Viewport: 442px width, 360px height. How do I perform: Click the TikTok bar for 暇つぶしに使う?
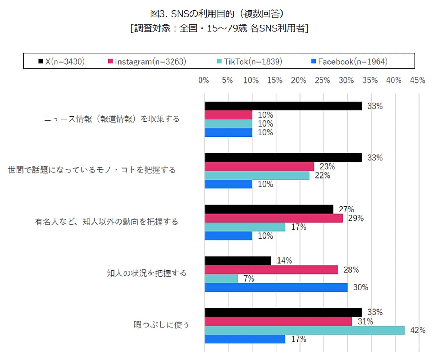(304, 330)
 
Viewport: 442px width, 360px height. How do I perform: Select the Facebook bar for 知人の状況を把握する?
(276, 287)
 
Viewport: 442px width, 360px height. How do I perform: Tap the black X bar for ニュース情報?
(283, 106)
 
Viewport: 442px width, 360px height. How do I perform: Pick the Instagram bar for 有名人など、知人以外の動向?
(273, 218)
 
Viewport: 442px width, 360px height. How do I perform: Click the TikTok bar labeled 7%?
(221, 279)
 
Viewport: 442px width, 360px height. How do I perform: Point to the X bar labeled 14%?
(238, 261)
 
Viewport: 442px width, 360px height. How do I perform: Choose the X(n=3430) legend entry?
(62, 61)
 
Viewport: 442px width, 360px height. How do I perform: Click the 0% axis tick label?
(204, 81)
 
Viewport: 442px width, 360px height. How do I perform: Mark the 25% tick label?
(322, 81)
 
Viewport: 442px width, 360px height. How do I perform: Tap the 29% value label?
(356, 218)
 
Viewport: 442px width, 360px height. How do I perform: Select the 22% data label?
(322, 176)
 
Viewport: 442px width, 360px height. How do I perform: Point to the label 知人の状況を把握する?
(147, 273)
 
